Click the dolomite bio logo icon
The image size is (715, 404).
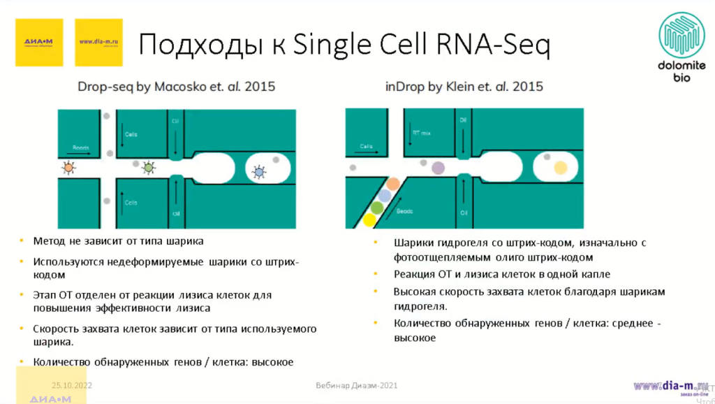pyautogui.click(x=682, y=35)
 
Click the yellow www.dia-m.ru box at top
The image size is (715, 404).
pyautogui.click(x=98, y=42)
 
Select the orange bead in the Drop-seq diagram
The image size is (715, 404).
pyautogui.click(x=68, y=168)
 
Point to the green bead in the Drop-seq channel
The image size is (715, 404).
pyautogui.click(x=148, y=168)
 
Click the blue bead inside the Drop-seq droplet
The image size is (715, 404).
pyautogui.click(x=258, y=171)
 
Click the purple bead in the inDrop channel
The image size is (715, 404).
pyautogui.click(x=438, y=168)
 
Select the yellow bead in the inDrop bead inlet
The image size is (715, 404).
pyautogui.click(x=369, y=220)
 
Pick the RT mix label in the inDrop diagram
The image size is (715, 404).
pyautogui.click(x=421, y=131)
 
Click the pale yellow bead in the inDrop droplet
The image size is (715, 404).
pyautogui.click(x=560, y=168)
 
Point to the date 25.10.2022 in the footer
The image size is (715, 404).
pyautogui.click(x=72, y=385)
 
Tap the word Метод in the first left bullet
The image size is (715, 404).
pyautogui.click(x=49, y=241)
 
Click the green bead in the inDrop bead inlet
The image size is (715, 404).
pyautogui.click(x=377, y=208)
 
